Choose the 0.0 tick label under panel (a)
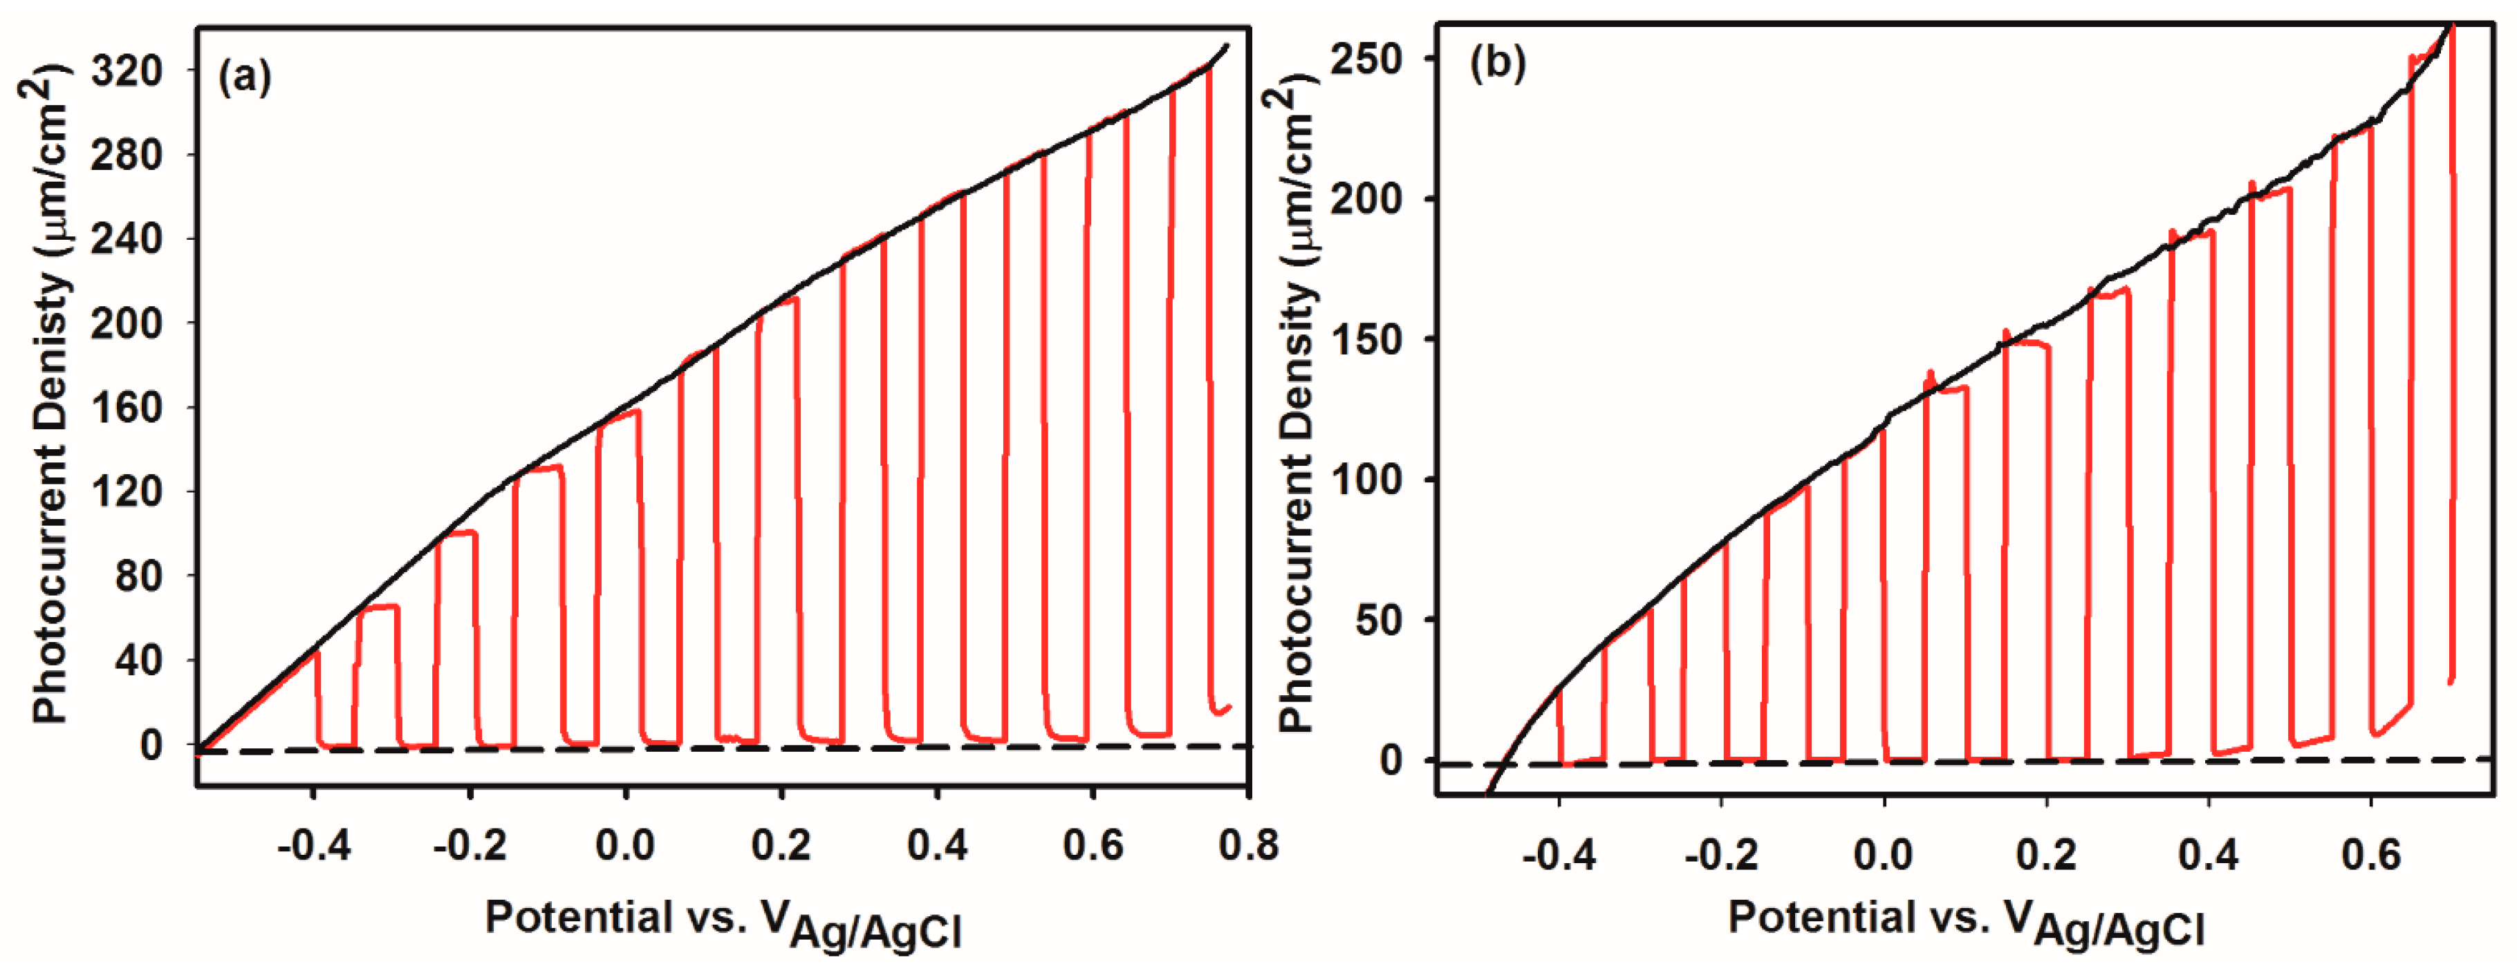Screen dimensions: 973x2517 tap(625, 844)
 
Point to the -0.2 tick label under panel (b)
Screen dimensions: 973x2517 tap(1722, 855)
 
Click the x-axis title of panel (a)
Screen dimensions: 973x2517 tap(723, 921)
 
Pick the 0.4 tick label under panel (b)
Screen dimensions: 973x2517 tap(2208, 855)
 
